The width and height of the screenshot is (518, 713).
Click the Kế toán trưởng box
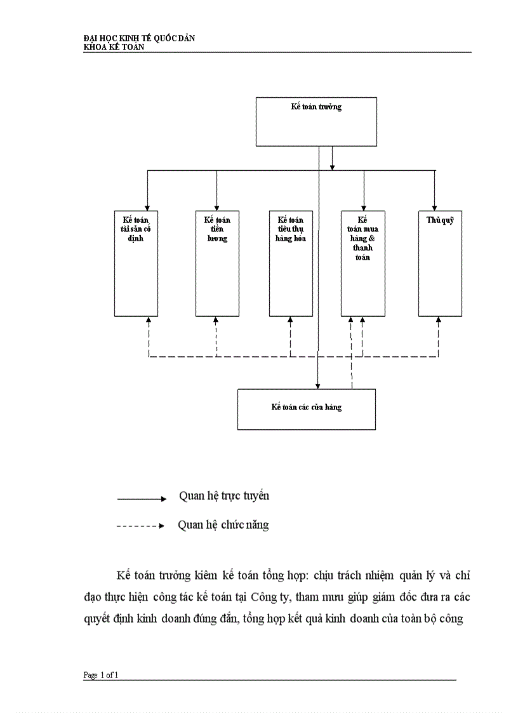(x=316, y=122)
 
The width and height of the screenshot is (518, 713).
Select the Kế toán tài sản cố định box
(x=136, y=263)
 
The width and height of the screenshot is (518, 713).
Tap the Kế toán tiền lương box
(x=216, y=263)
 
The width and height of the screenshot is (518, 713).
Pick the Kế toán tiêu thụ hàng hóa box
(x=291, y=263)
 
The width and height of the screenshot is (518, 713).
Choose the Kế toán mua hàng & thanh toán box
(x=362, y=263)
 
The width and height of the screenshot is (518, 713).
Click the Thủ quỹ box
(x=439, y=263)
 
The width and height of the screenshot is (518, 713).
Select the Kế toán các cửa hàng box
(x=306, y=409)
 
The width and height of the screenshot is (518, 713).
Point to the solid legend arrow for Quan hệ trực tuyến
(x=141, y=499)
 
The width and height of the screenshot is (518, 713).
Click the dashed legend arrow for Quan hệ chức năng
(x=140, y=526)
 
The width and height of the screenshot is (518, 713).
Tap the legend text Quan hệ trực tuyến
(x=223, y=496)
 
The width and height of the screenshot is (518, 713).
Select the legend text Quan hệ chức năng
(x=223, y=525)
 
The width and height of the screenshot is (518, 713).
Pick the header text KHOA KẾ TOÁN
(x=114, y=46)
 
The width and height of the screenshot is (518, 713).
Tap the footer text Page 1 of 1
(x=101, y=676)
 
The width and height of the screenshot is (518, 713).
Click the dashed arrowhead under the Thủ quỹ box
(x=438, y=320)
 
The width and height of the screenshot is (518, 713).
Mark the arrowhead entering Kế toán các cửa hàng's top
(x=318, y=385)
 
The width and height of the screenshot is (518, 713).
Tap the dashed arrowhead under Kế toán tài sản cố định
(x=149, y=320)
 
